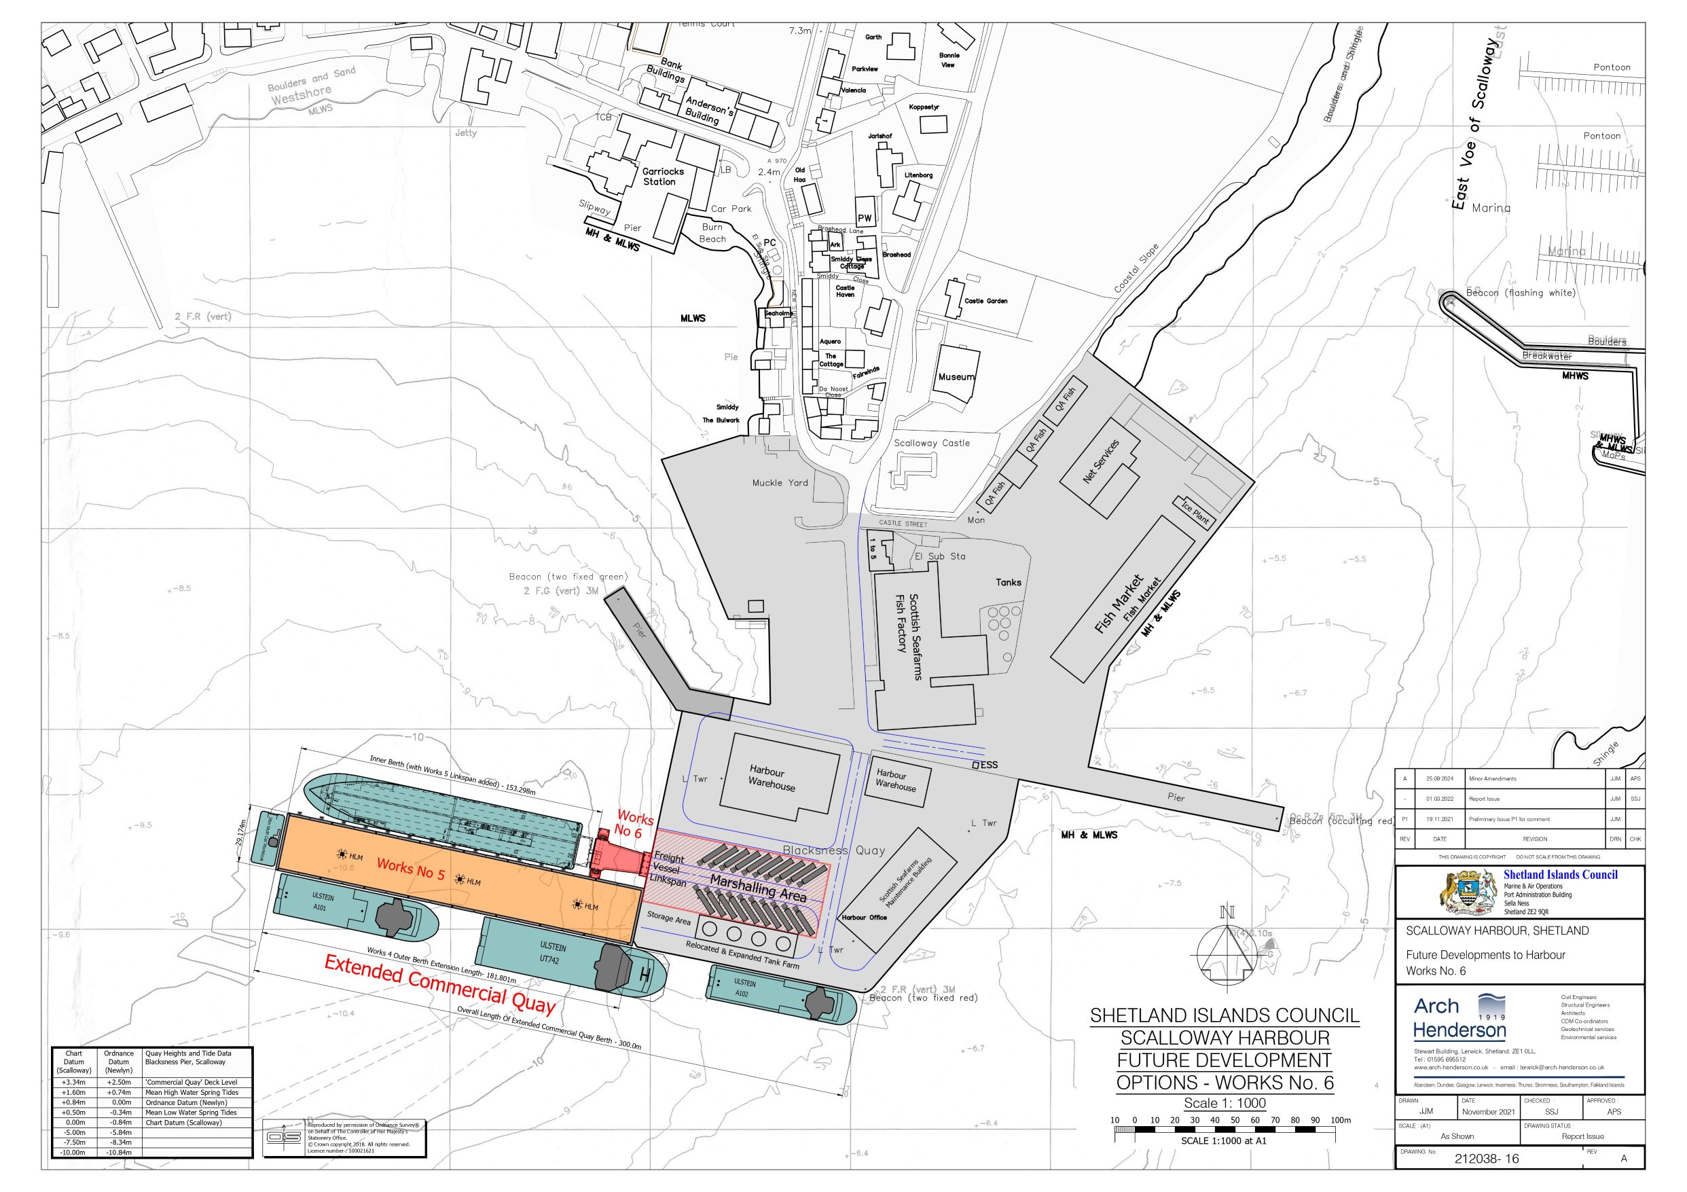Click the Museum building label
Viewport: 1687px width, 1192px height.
click(956, 377)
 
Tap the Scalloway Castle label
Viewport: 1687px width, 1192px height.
click(932, 443)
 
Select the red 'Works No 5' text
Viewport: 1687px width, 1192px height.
click(411, 869)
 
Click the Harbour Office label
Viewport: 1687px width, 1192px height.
click(864, 917)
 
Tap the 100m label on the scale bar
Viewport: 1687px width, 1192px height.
click(1340, 1120)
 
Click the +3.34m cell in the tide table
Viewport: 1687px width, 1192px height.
click(73, 1082)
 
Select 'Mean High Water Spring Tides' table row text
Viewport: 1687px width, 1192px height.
click(191, 1092)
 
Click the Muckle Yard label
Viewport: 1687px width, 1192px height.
click(780, 483)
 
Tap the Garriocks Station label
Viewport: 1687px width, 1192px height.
click(663, 177)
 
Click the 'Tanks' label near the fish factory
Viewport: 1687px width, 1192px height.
click(1008, 582)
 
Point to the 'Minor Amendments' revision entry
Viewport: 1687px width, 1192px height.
click(1492, 778)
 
